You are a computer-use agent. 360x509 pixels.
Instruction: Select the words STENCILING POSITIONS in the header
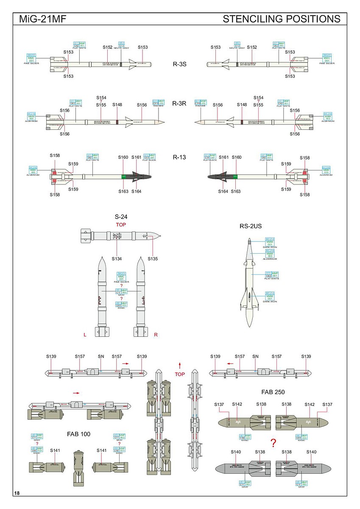click(281, 19)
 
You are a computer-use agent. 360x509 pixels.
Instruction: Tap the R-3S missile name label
click(179, 64)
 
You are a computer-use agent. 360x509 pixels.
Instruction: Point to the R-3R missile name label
click(179, 103)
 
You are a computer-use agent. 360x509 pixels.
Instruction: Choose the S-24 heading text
click(121, 217)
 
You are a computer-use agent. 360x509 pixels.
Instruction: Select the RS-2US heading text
click(251, 227)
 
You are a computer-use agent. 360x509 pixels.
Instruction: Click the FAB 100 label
click(79, 434)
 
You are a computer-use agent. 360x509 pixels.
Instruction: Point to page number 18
click(17, 493)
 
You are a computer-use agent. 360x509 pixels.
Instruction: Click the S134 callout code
click(117, 258)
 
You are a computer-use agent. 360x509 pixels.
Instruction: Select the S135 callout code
click(153, 258)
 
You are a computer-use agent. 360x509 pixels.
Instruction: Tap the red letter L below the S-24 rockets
click(85, 335)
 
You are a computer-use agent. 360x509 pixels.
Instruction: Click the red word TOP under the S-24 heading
click(121, 225)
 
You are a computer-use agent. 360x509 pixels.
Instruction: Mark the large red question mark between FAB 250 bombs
click(273, 444)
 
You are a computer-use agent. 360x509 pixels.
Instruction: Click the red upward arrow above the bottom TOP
click(180, 365)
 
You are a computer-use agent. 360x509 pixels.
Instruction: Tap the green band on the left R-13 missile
click(123, 176)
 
